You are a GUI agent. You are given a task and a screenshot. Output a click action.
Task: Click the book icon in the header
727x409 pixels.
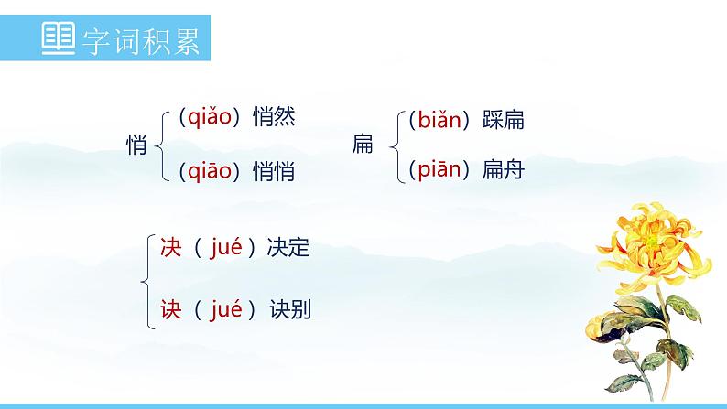click(61, 41)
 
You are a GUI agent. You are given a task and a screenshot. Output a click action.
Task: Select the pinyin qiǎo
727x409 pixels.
click(210, 118)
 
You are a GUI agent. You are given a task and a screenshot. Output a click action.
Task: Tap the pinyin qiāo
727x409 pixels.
click(210, 170)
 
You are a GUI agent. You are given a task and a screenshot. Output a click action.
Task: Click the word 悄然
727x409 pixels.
click(274, 118)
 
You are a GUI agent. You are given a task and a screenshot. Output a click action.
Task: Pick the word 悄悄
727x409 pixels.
click(274, 170)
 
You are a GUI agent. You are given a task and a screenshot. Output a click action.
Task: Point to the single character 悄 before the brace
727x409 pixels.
click(136, 145)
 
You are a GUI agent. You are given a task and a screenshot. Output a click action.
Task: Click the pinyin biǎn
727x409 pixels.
click(439, 119)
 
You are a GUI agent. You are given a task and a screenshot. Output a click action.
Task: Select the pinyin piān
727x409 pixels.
click(439, 169)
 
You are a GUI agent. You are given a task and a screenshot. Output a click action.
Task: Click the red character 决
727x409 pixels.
click(171, 247)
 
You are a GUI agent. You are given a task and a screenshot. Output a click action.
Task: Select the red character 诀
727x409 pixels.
click(171, 309)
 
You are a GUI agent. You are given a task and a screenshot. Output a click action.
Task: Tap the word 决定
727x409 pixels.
click(288, 247)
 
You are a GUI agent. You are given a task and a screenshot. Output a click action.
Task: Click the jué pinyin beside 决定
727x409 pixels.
click(226, 247)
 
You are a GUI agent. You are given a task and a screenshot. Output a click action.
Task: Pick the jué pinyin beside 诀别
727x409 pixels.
click(226, 309)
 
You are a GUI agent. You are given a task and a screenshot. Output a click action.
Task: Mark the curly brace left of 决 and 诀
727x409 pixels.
click(146, 278)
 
